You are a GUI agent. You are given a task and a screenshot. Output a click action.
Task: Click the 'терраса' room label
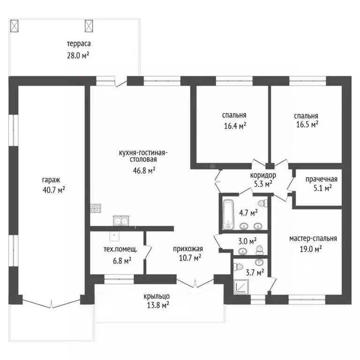click(x=79, y=44)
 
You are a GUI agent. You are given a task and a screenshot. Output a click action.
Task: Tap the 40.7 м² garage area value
click(x=54, y=190)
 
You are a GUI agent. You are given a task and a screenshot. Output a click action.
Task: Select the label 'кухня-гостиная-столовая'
click(x=143, y=156)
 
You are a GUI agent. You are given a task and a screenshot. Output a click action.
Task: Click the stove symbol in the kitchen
click(x=96, y=208)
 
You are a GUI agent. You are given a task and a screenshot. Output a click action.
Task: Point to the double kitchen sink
click(x=121, y=221)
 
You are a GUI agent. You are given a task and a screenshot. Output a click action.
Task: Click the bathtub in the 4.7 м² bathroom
click(x=228, y=214)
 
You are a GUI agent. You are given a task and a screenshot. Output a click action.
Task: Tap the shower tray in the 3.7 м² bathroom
click(x=241, y=287)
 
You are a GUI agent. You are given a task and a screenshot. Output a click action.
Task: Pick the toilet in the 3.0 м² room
click(x=260, y=250)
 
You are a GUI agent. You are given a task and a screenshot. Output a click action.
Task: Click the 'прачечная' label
click(x=321, y=179)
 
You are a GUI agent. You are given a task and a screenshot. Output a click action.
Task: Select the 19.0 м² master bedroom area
click(x=311, y=248)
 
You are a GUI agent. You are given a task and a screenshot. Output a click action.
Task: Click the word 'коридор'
click(x=263, y=175)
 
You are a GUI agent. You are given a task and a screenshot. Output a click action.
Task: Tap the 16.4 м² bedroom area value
click(x=235, y=126)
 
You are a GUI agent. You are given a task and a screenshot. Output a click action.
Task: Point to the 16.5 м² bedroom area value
click(x=307, y=124)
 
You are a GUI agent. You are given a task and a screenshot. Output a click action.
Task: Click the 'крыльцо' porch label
click(x=157, y=296)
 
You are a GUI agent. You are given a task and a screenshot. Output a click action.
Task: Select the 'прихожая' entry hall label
click(x=188, y=249)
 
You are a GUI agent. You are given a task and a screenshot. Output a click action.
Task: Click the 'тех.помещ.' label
click(x=120, y=249)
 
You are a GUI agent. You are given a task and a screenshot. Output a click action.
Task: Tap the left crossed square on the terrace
click(x=14, y=26)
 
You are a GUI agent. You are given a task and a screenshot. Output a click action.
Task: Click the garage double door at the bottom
click(x=52, y=304)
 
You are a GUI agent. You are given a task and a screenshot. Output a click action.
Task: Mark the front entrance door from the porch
click(x=195, y=283)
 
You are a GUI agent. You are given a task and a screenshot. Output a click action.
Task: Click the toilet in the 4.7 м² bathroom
click(x=263, y=203)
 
